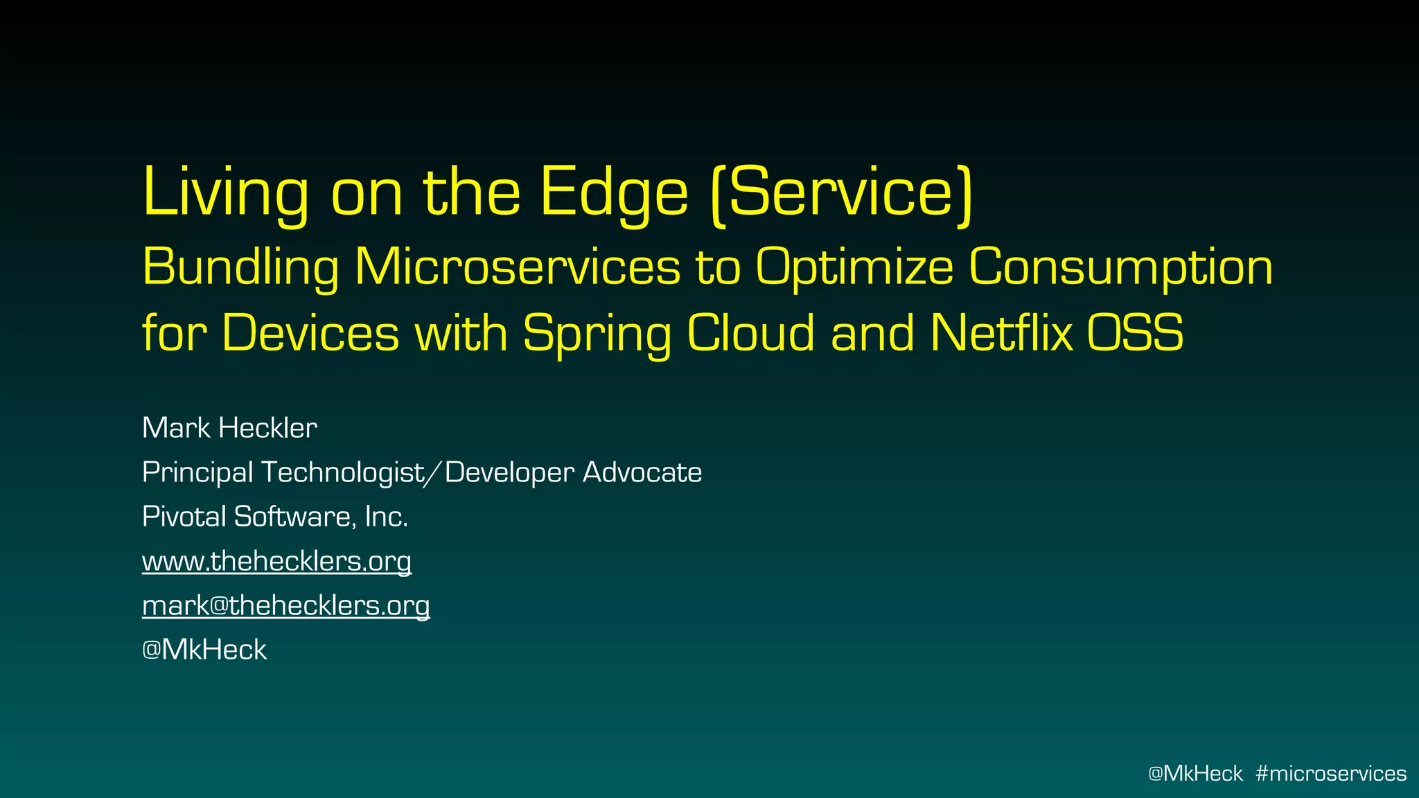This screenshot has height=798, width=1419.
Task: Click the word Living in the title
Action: (225, 193)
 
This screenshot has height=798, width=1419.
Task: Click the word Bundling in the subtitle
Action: (240, 267)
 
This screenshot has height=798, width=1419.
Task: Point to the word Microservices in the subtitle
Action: (518, 267)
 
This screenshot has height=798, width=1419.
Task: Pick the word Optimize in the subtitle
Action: (854, 267)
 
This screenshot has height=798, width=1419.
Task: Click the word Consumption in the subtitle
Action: (1120, 267)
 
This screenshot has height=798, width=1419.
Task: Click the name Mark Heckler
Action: (229, 428)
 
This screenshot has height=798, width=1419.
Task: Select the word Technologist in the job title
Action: (342, 472)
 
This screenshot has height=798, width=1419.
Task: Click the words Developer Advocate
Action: (573, 472)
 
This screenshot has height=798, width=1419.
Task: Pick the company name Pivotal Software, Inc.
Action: (275, 517)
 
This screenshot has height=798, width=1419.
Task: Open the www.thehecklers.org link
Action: (276, 561)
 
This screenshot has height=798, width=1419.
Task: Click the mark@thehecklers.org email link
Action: (285, 605)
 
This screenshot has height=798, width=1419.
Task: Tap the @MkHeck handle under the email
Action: (204, 650)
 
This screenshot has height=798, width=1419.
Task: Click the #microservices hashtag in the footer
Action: (1330, 773)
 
